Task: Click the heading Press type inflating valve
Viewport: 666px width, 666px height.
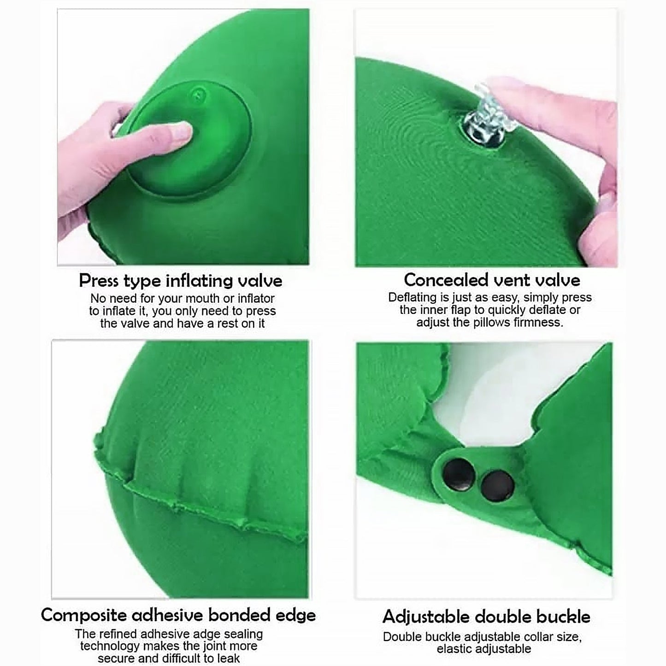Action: pyautogui.click(x=180, y=281)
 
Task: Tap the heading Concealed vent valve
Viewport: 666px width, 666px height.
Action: pyautogui.click(x=492, y=280)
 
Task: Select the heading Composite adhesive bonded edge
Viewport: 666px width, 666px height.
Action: pyautogui.click(x=178, y=615)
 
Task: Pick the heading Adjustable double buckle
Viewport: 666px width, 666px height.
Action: pyautogui.click(x=486, y=617)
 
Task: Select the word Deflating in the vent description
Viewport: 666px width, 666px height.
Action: pyautogui.click(x=412, y=297)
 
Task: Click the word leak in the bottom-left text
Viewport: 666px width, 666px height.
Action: pyautogui.click(x=228, y=659)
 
